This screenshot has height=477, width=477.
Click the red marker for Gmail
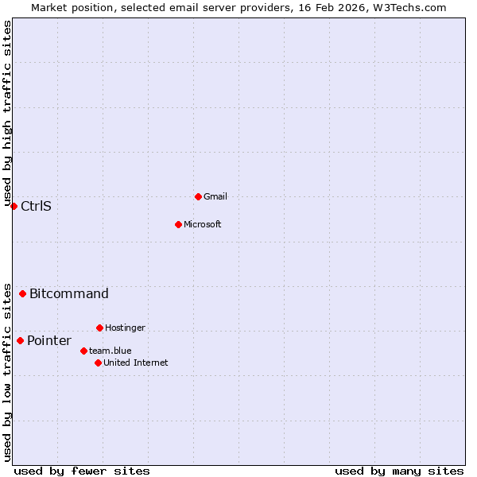click(198, 196)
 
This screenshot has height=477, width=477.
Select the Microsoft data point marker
click(178, 224)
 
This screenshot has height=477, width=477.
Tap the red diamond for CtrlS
click(14, 206)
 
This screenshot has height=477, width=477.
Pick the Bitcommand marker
click(22, 293)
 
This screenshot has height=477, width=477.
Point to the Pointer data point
click(20, 340)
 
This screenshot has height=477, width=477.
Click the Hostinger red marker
click(99, 328)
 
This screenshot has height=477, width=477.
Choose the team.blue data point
click(83, 351)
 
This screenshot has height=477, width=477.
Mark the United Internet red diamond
click(98, 363)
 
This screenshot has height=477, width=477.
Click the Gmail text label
click(215, 196)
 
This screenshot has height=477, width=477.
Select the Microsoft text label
click(203, 224)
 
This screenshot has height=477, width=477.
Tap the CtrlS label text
click(36, 207)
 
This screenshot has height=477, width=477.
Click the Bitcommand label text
click(69, 294)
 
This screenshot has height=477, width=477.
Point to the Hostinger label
click(125, 328)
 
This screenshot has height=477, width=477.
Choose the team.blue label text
click(111, 351)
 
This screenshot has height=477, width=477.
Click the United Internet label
click(136, 363)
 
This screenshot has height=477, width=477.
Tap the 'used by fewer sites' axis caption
click(82, 471)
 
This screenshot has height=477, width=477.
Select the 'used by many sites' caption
click(399, 471)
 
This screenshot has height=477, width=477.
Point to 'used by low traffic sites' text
click(7, 371)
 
